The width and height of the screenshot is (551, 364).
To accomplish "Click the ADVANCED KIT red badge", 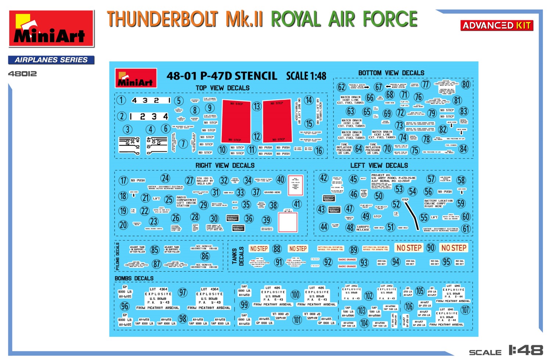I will [497, 26].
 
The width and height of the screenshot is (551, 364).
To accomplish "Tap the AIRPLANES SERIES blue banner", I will [51, 60].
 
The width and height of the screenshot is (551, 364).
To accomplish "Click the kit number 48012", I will [22, 74].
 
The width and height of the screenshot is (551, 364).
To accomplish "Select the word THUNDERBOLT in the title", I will [162, 19].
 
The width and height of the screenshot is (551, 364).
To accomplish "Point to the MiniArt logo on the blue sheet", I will [136, 78].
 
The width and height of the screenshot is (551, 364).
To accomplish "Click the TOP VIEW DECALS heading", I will [222, 88].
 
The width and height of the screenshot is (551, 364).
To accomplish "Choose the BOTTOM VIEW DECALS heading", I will [391, 73].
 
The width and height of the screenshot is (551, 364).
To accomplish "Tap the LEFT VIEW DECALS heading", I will [379, 166].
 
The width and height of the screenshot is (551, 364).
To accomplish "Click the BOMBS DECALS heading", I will [134, 278].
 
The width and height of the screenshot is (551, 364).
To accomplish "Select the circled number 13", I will [256, 107].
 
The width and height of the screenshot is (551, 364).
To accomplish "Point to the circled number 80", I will [466, 84].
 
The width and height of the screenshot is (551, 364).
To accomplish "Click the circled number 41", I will [297, 204].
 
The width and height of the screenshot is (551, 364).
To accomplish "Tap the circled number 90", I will [431, 248].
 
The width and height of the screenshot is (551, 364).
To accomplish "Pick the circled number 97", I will [183, 292].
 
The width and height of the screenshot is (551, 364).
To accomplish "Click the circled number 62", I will [341, 87].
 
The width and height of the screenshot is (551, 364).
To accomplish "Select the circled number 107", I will [465, 310].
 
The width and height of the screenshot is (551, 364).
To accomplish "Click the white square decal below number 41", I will [288, 223].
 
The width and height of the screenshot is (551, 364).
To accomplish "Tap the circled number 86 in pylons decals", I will [205, 256].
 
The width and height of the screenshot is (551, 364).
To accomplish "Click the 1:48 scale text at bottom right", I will [526, 350].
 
